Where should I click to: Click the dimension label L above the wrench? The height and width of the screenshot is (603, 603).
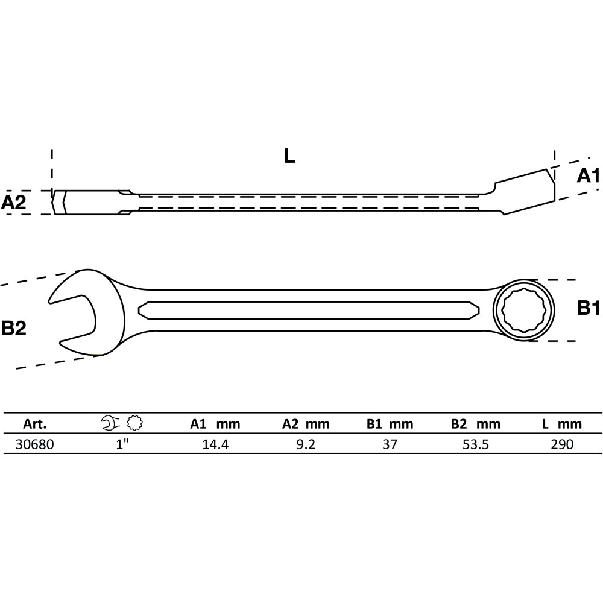(289, 156)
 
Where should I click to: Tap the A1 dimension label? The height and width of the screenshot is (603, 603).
(589, 175)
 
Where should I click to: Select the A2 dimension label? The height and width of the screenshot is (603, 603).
(13, 202)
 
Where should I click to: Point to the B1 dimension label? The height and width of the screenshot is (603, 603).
(589, 308)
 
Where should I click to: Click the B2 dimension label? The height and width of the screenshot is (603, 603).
(14, 328)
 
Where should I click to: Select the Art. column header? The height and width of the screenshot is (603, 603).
(34, 424)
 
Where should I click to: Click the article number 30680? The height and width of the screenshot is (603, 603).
(34, 444)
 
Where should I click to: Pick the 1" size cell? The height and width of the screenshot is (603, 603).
(122, 444)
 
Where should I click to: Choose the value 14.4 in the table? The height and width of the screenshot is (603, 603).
(215, 444)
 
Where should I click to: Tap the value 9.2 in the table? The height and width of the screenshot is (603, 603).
(306, 444)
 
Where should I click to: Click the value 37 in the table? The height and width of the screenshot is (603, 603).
(390, 444)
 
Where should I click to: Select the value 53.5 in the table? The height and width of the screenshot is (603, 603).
(476, 444)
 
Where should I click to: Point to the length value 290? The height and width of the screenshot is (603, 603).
(562, 444)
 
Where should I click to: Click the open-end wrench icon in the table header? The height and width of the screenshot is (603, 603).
(111, 423)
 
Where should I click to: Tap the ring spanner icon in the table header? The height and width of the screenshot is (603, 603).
(135, 423)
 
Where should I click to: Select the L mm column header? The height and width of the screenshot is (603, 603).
(562, 424)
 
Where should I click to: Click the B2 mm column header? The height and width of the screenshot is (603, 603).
(476, 424)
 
